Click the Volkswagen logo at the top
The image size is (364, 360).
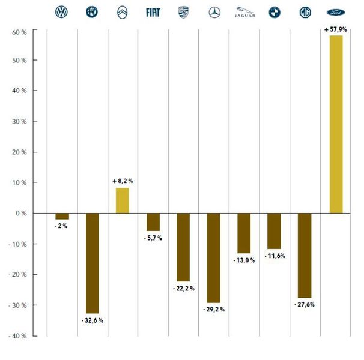pyautogui.click(x=61, y=12)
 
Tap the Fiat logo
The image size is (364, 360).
pyautogui.click(x=153, y=12)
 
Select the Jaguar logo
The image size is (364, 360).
pyautogui.click(x=244, y=11)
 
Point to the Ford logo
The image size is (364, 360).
pyautogui.click(x=336, y=12)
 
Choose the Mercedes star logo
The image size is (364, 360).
pyautogui.click(x=214, y=12)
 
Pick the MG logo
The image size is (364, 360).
pyautogui.click(x=305, y=12)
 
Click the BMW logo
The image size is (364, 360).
pyautogui.click(x=275, y=12)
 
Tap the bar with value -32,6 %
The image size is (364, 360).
pyautogui.click(x=92, y=263)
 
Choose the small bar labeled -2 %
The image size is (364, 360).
pyautogui.click(x=62, y=216)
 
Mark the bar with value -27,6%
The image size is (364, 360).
pyautogui.click(x=305, y=255)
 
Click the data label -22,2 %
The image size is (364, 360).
pyautogui.click(x=183, y=289)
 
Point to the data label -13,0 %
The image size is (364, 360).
pyautogui.click(x=244, y=260)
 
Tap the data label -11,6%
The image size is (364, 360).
pyautogui.click(x=275, y=256)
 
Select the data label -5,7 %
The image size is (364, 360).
pyautogui.click(x=153, y=238)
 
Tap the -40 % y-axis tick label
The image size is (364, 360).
pyautogui.click(x=18, y=335)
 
